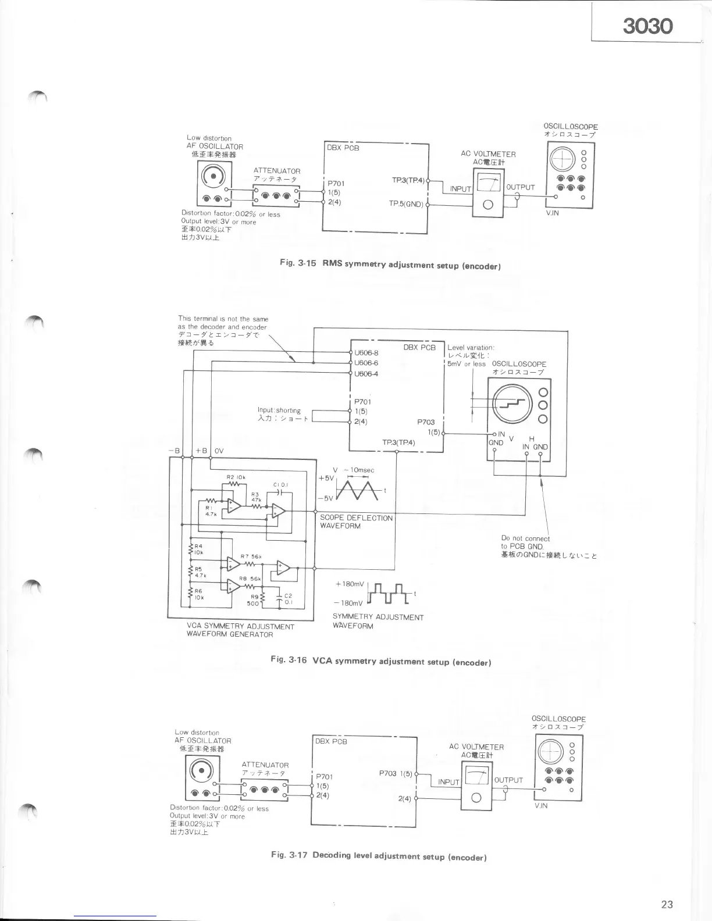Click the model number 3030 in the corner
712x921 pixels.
click(x=647, y=26)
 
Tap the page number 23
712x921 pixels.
click(x=667, y=904)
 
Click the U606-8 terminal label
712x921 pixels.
click(x=366, y=353)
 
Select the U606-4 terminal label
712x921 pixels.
click(x=366, y=373)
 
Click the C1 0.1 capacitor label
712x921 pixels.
click(x=281, y=484)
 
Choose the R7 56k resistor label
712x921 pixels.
click(x=251, y=557)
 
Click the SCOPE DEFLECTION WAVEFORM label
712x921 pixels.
click(x=356, y=522)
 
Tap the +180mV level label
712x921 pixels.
click(x=350, y=584)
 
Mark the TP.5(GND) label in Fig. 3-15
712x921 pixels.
click(x=407, y=204)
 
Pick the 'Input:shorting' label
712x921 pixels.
click(x=279, y=410)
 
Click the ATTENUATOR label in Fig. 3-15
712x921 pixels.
click(x=277, y=171)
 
